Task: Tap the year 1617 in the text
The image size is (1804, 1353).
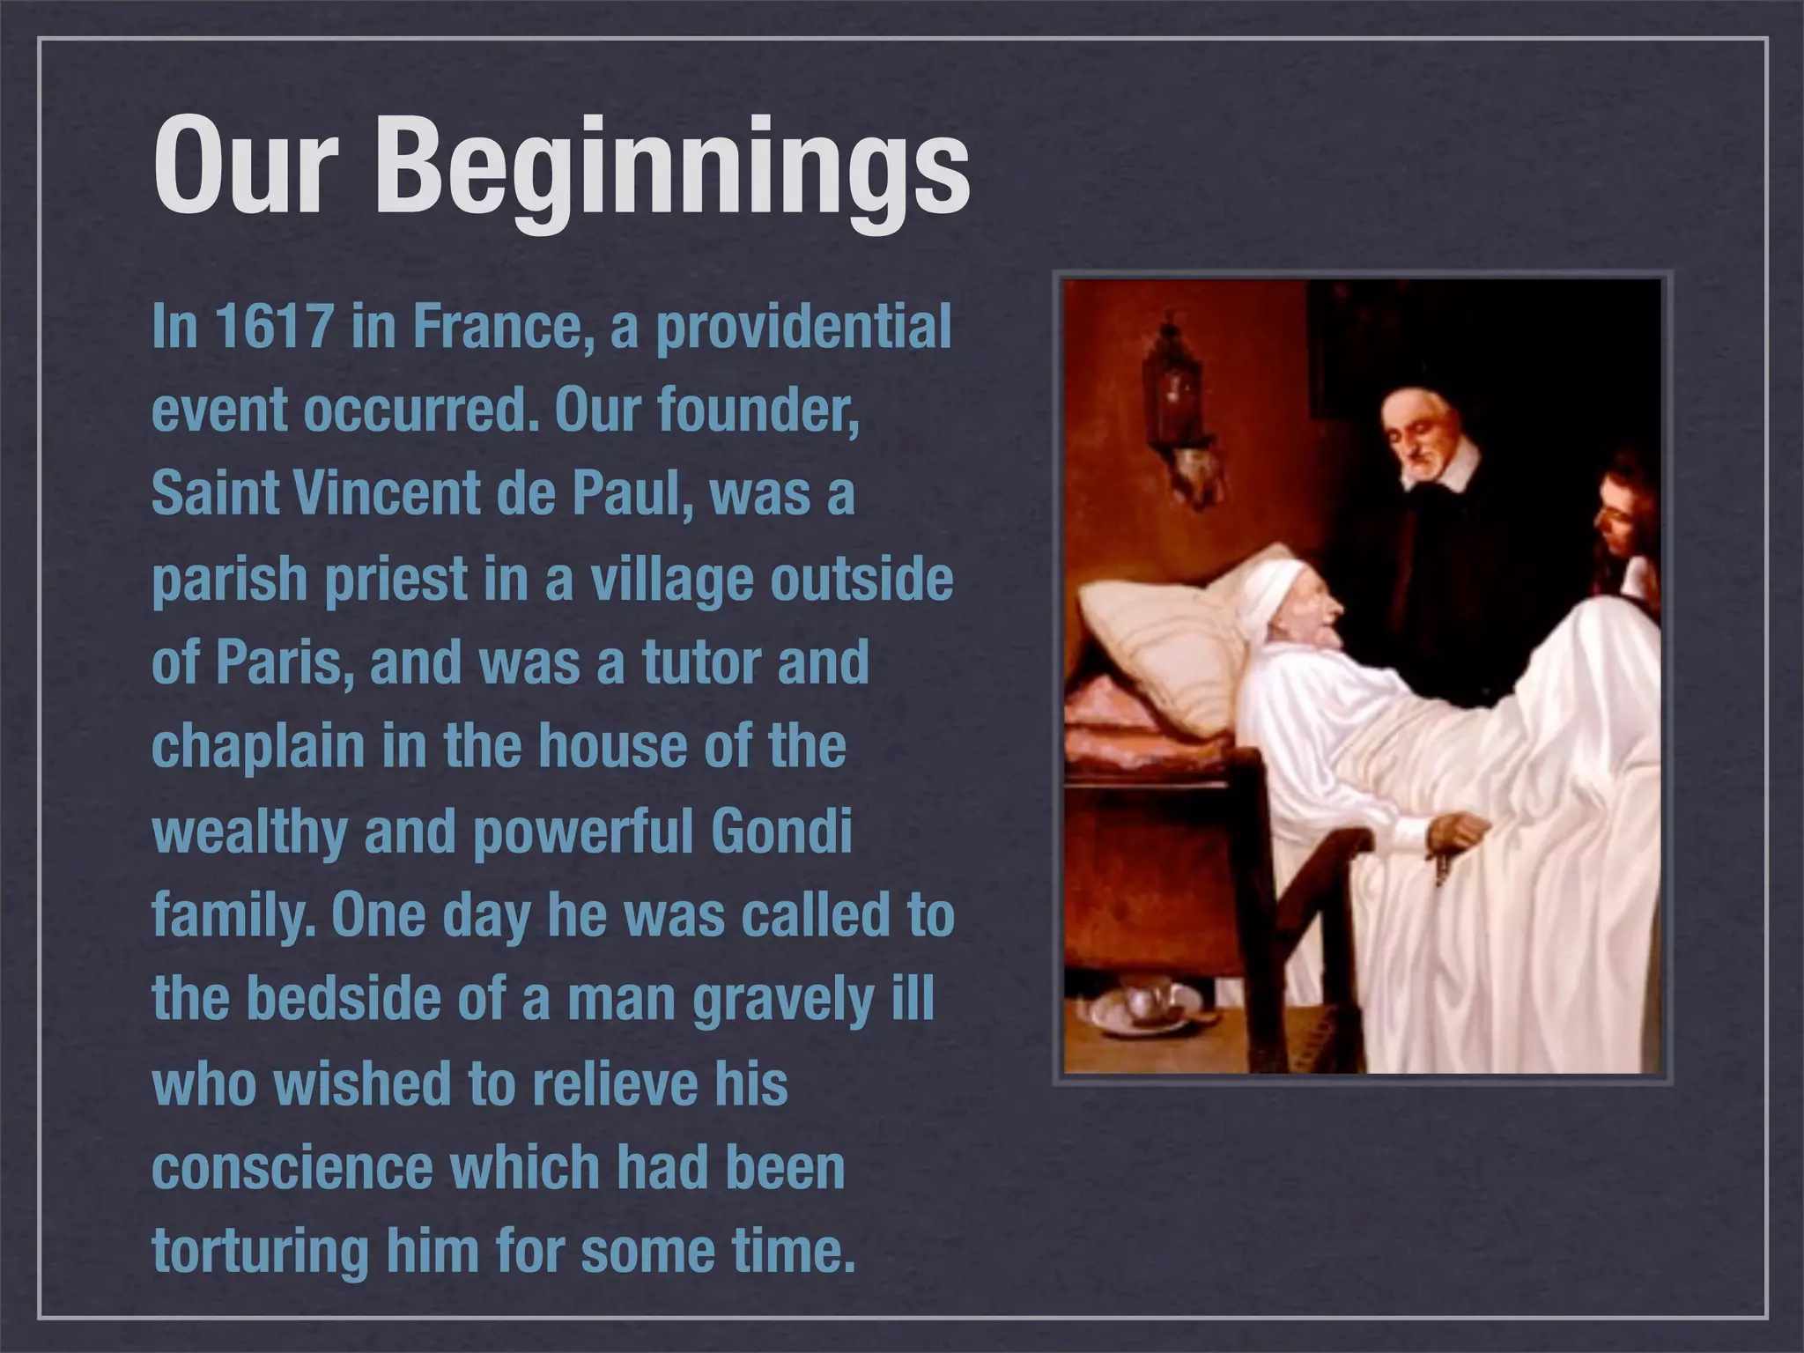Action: click(274, 327)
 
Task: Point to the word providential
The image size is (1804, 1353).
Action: click(803, 327)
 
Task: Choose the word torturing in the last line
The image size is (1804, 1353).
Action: click(260, 1250)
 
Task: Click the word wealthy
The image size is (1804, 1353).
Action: click(249, 831)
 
